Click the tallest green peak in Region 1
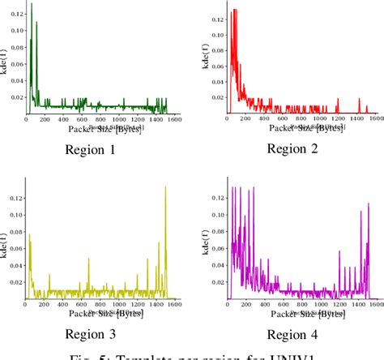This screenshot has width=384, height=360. click(x=32, y=6)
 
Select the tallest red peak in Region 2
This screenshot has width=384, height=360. click(x=234, y=10)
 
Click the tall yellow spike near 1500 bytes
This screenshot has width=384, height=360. click(x=166, y=187)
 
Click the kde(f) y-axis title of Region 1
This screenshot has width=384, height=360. click(x=6, y=59)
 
